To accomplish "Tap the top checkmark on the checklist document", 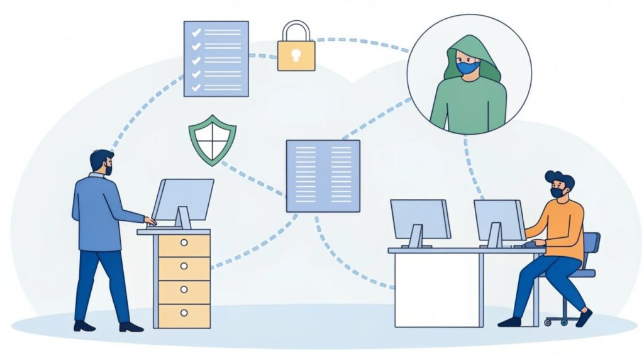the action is click(196, 31).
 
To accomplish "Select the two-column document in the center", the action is click(323, 176).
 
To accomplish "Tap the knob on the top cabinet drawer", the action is click(184, 242).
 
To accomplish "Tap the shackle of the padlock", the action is click(296, 31).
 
